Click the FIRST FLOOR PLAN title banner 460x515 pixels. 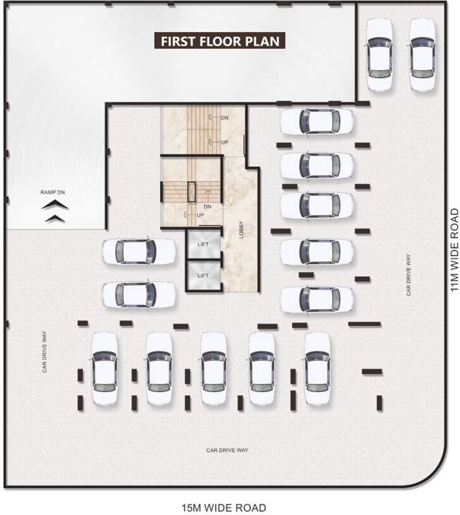click(220, 41)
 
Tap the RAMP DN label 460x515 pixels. click(53, 192)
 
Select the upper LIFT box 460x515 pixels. click(204, 244)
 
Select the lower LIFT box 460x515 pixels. click(204, 276)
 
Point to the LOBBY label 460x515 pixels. click(241, 229)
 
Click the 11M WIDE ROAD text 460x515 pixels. click(455, 250)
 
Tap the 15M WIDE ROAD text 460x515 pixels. click(224, 508)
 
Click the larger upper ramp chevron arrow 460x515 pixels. click(55, 206)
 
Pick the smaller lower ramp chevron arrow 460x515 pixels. click(55, 219)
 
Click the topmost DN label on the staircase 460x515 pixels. click(224, 117)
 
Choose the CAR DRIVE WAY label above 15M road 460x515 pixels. click(227, 450)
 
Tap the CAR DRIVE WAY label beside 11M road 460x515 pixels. click(408, 275)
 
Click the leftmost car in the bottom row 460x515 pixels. click(104, 368)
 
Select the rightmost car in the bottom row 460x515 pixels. click(317, 368)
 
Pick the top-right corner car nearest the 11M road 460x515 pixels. click(423, 54)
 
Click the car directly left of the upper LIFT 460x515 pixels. click(139, 251)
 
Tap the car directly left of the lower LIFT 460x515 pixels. click(139, 294)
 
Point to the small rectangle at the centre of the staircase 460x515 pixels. click(191, 192)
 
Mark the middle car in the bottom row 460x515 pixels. click(214, 368)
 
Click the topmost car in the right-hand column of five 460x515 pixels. click(317, 121)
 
